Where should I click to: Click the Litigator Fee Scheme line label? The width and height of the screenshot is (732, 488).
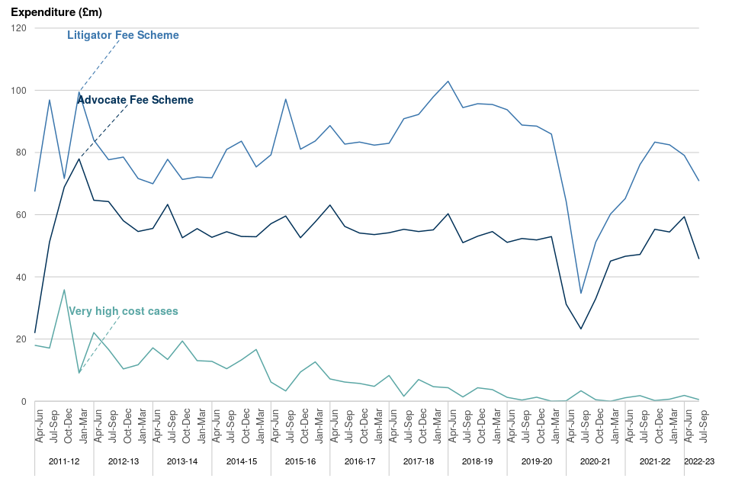(x=123, y=35)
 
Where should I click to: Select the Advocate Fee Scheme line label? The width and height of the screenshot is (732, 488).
(x=136, y=100)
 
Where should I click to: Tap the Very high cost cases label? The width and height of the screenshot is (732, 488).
(x=124, y=311)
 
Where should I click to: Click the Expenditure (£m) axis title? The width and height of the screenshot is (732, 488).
(x=56, y=12)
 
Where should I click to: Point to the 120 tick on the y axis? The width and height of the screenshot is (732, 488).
(x=19, y=28)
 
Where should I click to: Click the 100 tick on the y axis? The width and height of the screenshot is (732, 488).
(x=19, y=91)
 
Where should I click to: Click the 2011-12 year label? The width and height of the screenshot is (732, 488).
(x=63, y=461)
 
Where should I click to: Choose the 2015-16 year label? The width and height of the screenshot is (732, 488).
(x=300, y=461)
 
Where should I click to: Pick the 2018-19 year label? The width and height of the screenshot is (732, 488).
(x=477, y=461)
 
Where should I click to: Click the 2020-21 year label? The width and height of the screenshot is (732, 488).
(x=596, y=461)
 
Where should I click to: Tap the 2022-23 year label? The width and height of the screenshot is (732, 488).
(x=698, y=461)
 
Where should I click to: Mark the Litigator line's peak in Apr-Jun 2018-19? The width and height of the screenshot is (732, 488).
(x=448, y=82)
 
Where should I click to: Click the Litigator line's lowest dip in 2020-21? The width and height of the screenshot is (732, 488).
(x=581, y=294)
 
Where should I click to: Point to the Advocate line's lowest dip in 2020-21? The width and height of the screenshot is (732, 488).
(x=581, y=329)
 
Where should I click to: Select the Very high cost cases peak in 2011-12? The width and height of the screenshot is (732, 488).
(x=64, y=290)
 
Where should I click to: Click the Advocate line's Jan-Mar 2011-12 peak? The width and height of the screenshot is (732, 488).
(x=79, y=159)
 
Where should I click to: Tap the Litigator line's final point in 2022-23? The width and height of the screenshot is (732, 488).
(x=699, y=181)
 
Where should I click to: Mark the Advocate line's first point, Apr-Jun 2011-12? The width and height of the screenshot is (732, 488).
(x=35, y=332)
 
